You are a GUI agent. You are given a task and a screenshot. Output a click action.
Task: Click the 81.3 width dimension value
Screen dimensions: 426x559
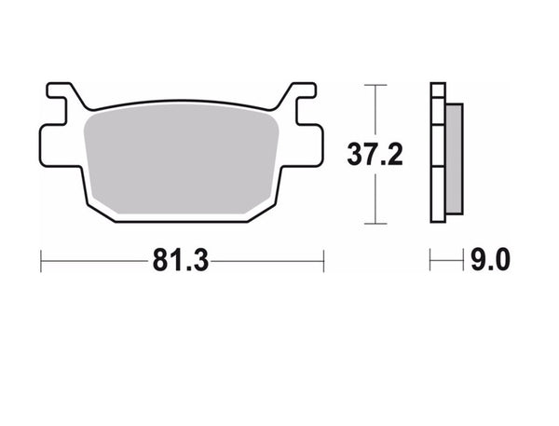[x=182, y=262]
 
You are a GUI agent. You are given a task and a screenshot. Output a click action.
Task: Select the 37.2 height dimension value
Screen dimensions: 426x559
[x=375, y=155]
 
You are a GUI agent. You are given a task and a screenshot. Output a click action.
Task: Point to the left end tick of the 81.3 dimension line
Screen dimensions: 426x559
[x=41, y=262]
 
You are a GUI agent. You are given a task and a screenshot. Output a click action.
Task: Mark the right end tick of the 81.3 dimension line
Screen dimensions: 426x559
[x=323, y=262]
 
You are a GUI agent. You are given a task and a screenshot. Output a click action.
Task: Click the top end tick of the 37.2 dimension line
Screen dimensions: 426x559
[x=375, y=85]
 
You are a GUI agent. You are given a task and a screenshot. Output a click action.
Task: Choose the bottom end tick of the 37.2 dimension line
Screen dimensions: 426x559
[x=375, y=224]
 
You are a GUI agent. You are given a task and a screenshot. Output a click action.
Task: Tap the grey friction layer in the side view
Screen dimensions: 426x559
[x=454, y=154]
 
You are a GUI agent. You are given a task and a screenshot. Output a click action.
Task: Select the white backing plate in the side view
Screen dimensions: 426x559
[x=438, y=154]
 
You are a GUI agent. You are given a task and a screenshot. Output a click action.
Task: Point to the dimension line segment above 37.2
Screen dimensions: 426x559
[x=375, y=112]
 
